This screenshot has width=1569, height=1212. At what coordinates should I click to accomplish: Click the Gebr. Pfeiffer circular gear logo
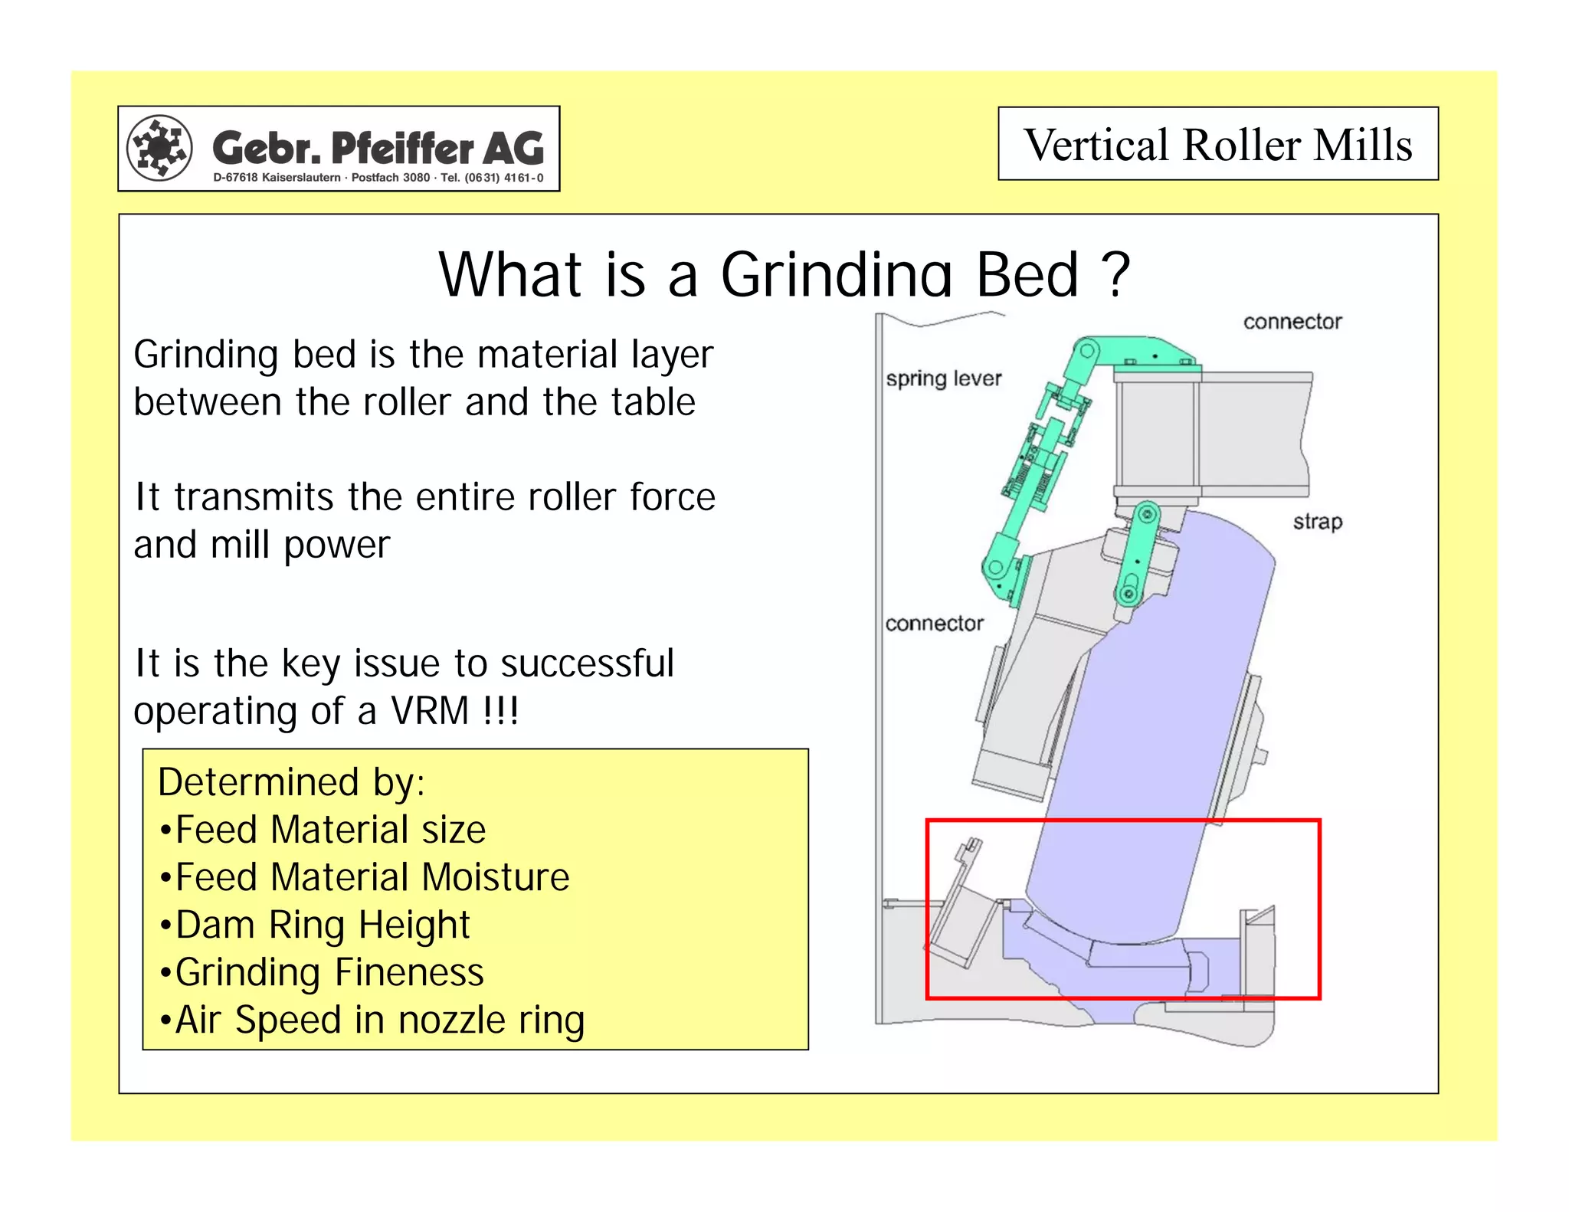point(159,147)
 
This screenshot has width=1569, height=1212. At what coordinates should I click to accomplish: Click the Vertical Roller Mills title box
point(1217,144)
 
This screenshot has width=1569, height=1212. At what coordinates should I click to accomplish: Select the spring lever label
point(944,378)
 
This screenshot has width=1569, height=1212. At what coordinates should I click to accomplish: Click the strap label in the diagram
point(1318,522)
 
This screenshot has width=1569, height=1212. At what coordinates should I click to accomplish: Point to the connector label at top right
point(1292,322)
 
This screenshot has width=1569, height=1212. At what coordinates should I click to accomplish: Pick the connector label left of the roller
point(934,624)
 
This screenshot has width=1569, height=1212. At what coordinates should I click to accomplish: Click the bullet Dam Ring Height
point(322,925)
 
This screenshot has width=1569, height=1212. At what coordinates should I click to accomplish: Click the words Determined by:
point(291,782)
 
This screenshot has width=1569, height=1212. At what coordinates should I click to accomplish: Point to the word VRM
point(430,710)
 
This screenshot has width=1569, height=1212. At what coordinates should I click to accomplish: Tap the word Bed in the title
point(1027,275)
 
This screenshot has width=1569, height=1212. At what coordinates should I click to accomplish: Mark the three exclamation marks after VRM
point(501,710)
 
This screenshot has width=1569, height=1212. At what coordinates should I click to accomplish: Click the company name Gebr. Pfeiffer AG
point(378,148)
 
